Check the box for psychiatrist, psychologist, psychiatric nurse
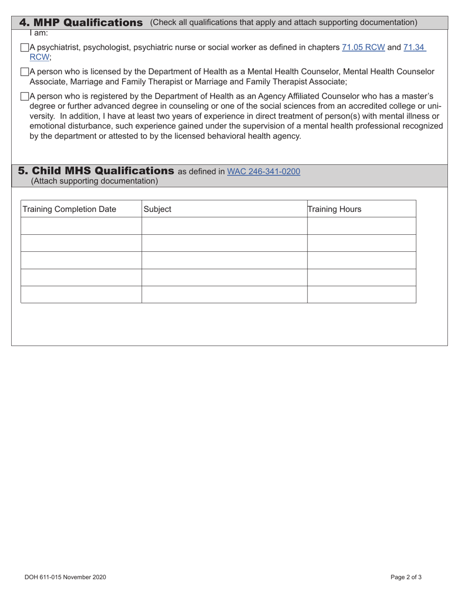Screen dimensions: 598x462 click(25, 48)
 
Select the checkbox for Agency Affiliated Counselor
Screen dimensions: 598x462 click(25, 96)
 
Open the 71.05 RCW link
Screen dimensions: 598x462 click(363, 48)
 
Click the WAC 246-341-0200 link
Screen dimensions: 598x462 click(264, 171)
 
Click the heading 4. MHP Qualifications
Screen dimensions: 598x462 click(81, 22)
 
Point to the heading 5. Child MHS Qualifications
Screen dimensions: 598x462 click(96, 171)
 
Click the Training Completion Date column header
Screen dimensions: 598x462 click(70, 209)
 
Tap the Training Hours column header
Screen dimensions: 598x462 click(335, 209)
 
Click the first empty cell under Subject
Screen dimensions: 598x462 click(224, 226)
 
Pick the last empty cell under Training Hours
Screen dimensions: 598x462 click(361, 295)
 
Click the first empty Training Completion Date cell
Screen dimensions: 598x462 click(81, 226)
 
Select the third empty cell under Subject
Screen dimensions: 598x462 click(224, 260)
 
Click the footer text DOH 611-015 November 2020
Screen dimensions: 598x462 click(65, 577)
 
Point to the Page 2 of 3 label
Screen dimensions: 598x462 click(406, 577)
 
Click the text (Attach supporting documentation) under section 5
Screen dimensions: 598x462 click(94, 181)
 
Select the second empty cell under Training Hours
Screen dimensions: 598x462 click(361, 243)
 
